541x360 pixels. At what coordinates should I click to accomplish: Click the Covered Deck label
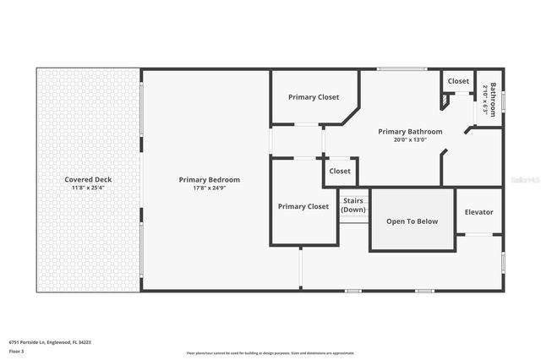tap(88, 179)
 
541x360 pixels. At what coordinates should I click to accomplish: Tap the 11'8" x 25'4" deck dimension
tap(88, 187)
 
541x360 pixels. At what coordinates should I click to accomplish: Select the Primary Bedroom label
tap(209, 179)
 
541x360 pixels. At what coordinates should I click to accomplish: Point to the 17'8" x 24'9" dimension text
tap(209, 187)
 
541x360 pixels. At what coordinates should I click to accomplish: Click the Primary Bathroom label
tap(410, 131)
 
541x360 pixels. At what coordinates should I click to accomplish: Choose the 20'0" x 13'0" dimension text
tap(410, 139)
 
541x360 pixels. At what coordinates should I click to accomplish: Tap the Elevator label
tap(478, 212)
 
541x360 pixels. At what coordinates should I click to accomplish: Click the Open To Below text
tap(412, 221)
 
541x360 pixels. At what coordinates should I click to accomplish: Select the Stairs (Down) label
tap(353, 205)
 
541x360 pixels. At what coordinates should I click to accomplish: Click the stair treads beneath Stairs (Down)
tap(353, 219)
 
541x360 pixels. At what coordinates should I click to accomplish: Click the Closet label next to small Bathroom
tap(458, 81)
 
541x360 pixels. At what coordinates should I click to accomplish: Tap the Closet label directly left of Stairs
tap(340, 171)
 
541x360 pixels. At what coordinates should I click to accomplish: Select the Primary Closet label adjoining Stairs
tap(303, 206)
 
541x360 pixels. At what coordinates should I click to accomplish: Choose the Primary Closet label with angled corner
tap(314, 97)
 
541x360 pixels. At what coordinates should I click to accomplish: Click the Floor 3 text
tap(17, 350)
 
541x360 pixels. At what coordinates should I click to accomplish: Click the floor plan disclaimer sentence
tap(270, 353)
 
